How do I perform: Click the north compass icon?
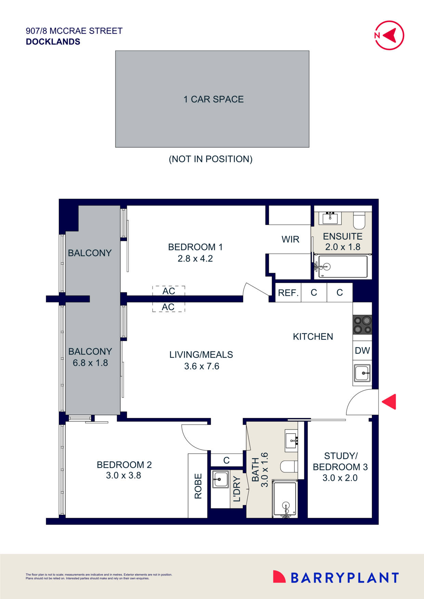389,35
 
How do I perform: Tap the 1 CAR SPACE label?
213,99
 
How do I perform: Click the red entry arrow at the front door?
389,402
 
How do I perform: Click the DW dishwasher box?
362,350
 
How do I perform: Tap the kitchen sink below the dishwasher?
362,373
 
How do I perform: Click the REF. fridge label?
288,293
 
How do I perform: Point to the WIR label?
290,239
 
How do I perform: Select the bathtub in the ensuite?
342,267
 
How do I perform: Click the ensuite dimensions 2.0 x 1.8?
343,247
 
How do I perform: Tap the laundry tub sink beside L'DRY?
220,479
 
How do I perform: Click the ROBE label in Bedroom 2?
198,486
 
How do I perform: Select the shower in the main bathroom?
285,499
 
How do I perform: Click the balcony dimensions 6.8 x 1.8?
90,363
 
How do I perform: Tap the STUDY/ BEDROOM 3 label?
340,461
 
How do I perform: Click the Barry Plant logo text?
344,578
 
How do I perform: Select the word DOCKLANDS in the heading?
53,42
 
